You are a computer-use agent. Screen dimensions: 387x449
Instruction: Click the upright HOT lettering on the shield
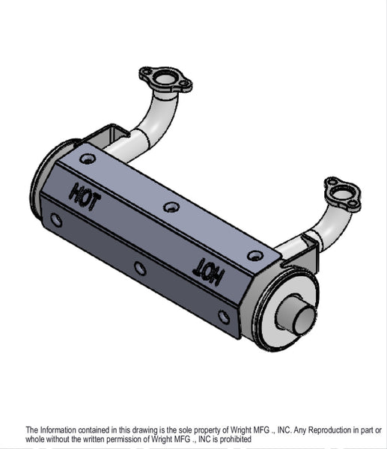[85, 197]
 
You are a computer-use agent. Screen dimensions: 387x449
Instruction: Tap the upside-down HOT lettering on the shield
[208, 272]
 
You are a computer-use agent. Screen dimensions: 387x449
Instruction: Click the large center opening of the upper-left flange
[164, 78]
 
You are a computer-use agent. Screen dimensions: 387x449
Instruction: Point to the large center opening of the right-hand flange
[341, 194]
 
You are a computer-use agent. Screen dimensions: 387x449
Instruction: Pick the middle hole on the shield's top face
[171, 207]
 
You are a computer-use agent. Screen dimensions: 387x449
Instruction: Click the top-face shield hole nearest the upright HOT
[88, 159]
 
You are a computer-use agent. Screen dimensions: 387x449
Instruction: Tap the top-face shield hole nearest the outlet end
[255, 255]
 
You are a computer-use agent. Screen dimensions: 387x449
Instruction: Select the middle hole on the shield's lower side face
[140, 269]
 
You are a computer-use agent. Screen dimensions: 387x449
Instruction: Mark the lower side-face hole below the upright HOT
[56, 220]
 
